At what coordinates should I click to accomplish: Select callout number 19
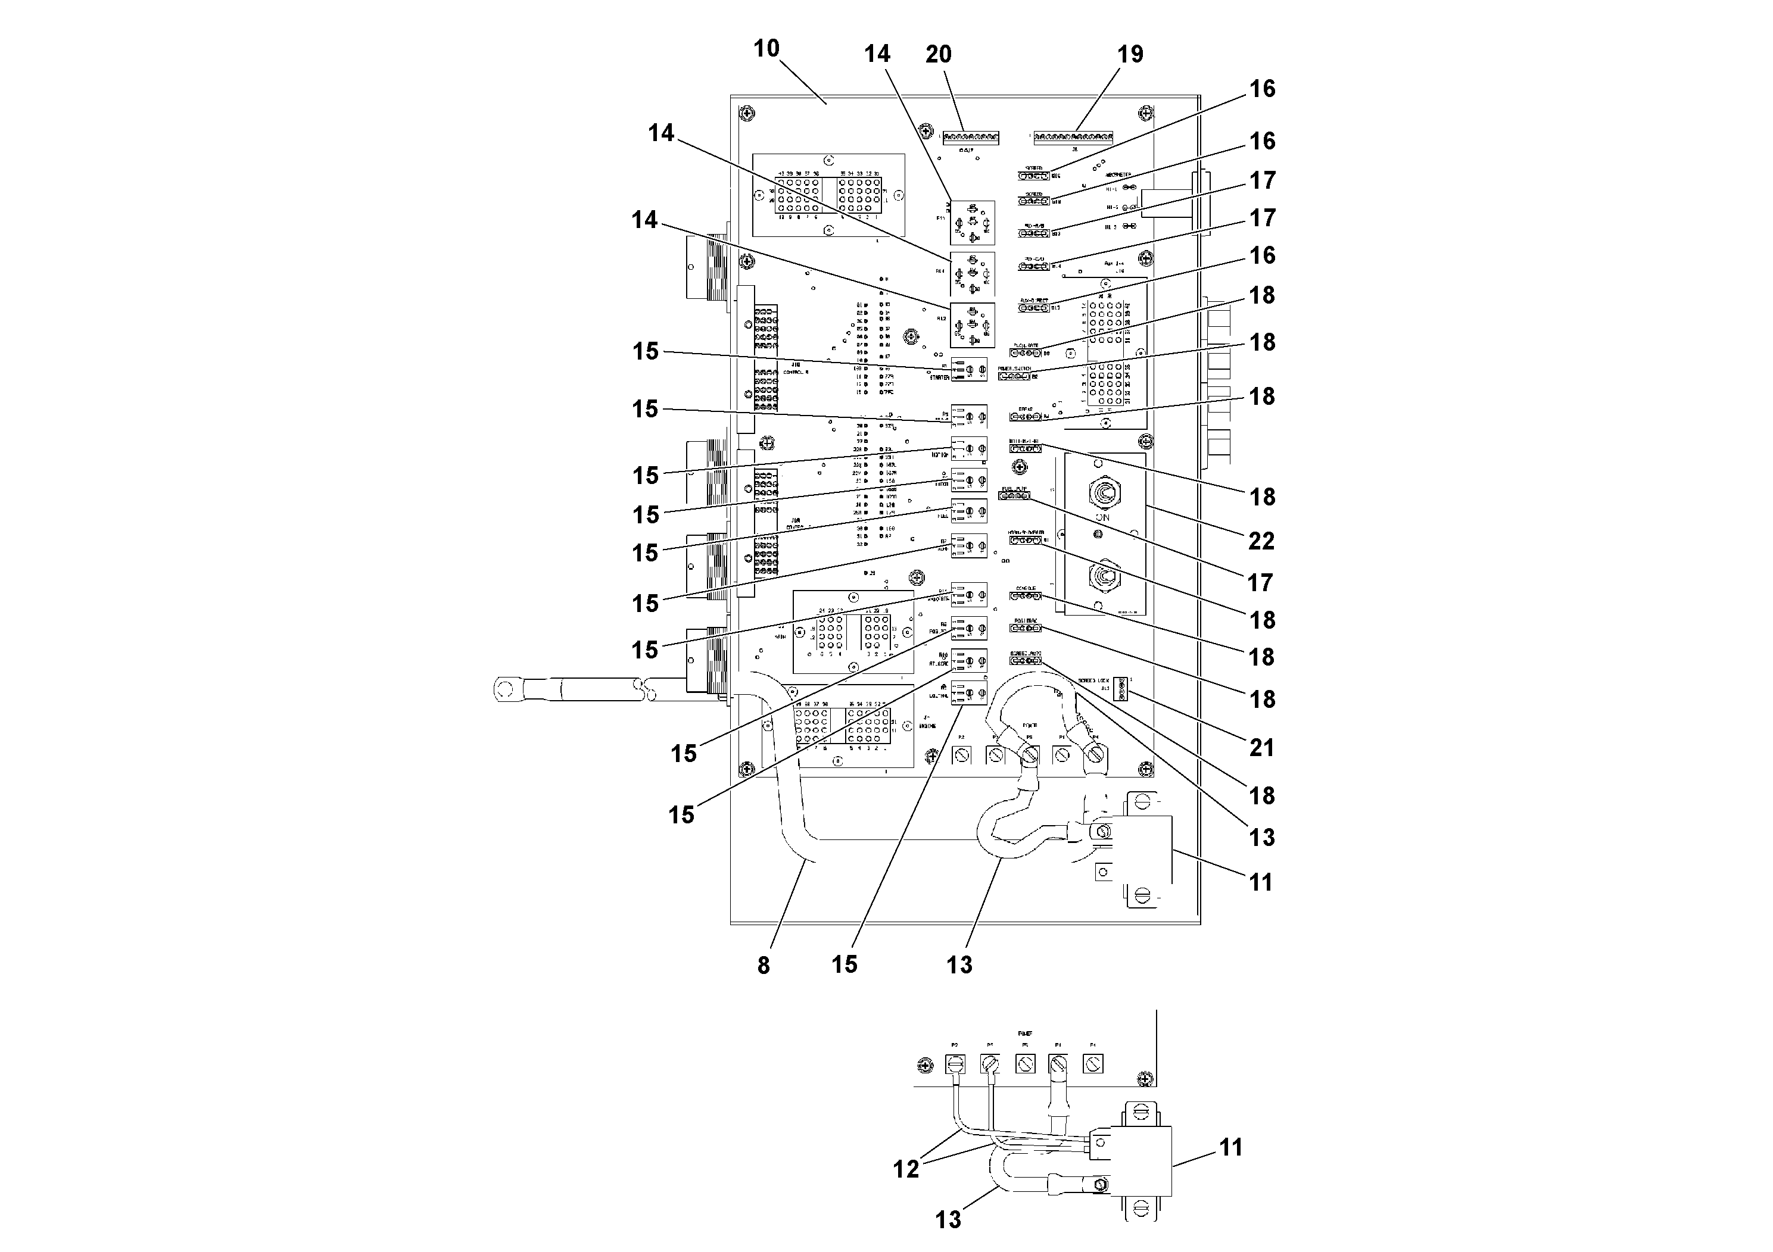click(x=1130, y=54)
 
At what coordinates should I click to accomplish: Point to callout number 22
click(x=1261, y=541)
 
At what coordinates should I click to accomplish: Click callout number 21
click(x=1261, y=747)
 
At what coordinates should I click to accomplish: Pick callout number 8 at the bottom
click(x=763, y=965)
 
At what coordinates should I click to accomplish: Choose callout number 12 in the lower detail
click(x=906, y=1169)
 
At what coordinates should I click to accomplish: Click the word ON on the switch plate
click(x=1103, y=517)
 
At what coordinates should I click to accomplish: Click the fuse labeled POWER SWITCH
click(x=1014, y=377)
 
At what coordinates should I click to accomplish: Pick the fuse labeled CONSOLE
click(x=1026, y=596)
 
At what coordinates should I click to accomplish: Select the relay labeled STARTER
click(x=969, y=370)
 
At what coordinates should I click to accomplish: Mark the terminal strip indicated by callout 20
click(x=971, y=138)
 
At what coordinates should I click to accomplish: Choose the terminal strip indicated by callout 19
click(x=1073, y=138)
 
